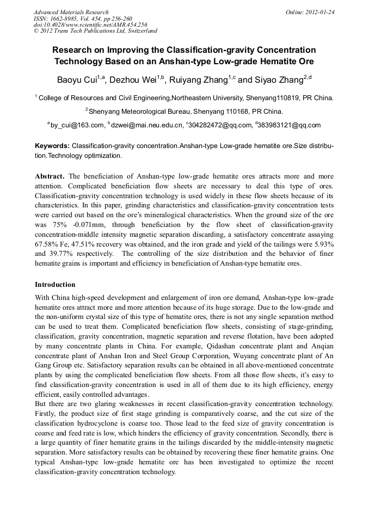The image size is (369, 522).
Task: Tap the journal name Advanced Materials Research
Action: [71, 12]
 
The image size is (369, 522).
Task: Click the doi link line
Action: [90, 24]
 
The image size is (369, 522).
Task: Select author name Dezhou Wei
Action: [133, 81]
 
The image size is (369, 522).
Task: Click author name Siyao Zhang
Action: [280, 81]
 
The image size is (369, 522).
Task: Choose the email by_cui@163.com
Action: [77, 125]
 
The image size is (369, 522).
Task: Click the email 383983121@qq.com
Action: [290, 125]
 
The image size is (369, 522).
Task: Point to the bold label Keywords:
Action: [52, 146]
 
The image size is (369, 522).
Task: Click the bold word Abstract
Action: [50, 177]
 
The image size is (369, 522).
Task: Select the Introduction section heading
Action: [55, 285]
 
